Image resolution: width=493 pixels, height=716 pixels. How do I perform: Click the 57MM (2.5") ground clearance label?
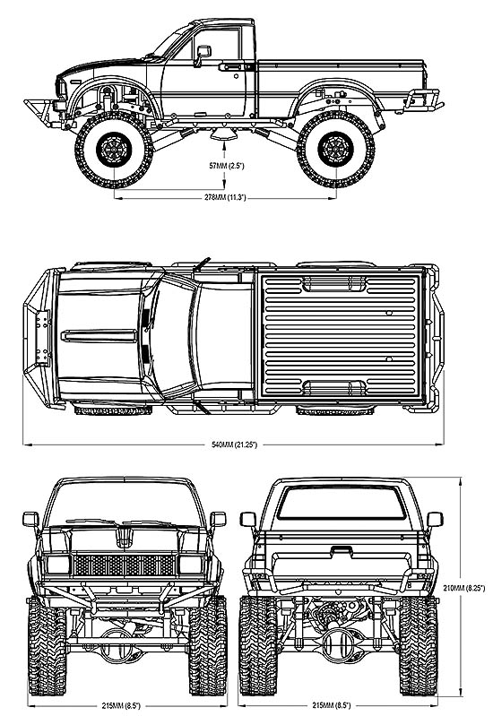click(227, 166)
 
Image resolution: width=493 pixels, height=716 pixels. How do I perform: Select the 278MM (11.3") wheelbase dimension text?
click(225, 198)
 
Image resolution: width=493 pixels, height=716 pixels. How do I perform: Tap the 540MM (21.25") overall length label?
click(234, 444)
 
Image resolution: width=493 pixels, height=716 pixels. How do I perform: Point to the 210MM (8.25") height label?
click(464, 589)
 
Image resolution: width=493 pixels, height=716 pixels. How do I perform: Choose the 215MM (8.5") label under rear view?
click(331, 705)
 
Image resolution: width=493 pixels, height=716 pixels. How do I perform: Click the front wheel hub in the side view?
click(114, 149)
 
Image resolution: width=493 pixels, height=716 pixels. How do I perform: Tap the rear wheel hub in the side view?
click(336, 149)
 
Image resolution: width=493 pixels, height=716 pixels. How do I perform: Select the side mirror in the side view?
click(203, 54)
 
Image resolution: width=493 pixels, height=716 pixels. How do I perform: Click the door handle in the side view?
click(229, 67)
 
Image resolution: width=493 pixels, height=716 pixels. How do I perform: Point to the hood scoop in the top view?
click(99, 336)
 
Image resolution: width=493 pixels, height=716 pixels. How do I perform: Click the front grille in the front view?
click(125, 565)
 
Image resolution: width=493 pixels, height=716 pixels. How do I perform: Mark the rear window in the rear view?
click(342, 503)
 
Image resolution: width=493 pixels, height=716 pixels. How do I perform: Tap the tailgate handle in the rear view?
click(341, 551)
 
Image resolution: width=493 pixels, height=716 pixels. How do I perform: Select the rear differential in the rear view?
click(341, 644)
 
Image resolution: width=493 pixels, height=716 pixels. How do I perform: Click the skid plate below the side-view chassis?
click(223, 134)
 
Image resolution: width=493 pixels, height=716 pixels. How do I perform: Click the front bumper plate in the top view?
click(42, 338)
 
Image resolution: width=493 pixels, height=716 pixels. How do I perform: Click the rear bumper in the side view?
click(421, 101)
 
